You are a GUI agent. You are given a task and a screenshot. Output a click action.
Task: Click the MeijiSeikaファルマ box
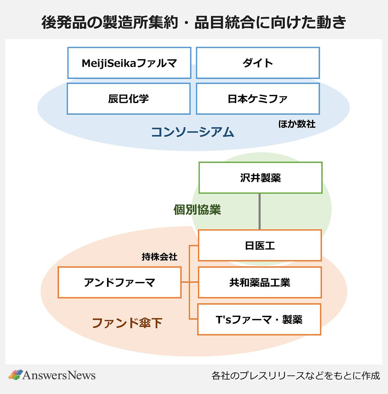pos(129,63)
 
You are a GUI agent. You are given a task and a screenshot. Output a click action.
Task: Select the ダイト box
pos(258,63)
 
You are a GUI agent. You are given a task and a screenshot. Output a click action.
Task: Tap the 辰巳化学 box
pos(129,99)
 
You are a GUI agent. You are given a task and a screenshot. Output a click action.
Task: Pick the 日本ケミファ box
pos(258,99)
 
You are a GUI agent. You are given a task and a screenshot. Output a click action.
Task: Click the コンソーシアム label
pos(193,132)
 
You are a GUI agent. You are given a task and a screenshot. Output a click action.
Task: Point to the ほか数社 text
pos(297,124)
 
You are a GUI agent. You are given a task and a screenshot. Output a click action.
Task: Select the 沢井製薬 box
pos(260,178)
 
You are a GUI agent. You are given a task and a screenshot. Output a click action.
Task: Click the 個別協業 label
pos(197,210)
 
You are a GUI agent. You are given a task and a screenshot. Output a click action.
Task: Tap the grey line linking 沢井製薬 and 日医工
pos(260,212)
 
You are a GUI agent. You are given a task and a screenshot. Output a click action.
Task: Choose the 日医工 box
pos(260,245)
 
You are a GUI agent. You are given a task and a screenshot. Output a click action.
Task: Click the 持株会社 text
pos(159,257)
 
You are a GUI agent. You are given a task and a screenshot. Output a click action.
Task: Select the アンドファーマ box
pos(120,283)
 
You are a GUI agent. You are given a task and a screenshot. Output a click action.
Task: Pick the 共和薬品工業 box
pos(260,283)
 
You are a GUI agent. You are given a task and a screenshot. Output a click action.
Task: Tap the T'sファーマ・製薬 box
pos(259,319)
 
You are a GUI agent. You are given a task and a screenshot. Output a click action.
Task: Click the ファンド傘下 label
pos(127,323)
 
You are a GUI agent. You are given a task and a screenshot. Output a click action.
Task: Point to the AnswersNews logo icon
pos(15,375)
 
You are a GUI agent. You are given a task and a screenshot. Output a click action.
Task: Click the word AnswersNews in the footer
pos(59,375)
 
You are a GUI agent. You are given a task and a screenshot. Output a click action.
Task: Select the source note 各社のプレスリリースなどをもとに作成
pos(296,376)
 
